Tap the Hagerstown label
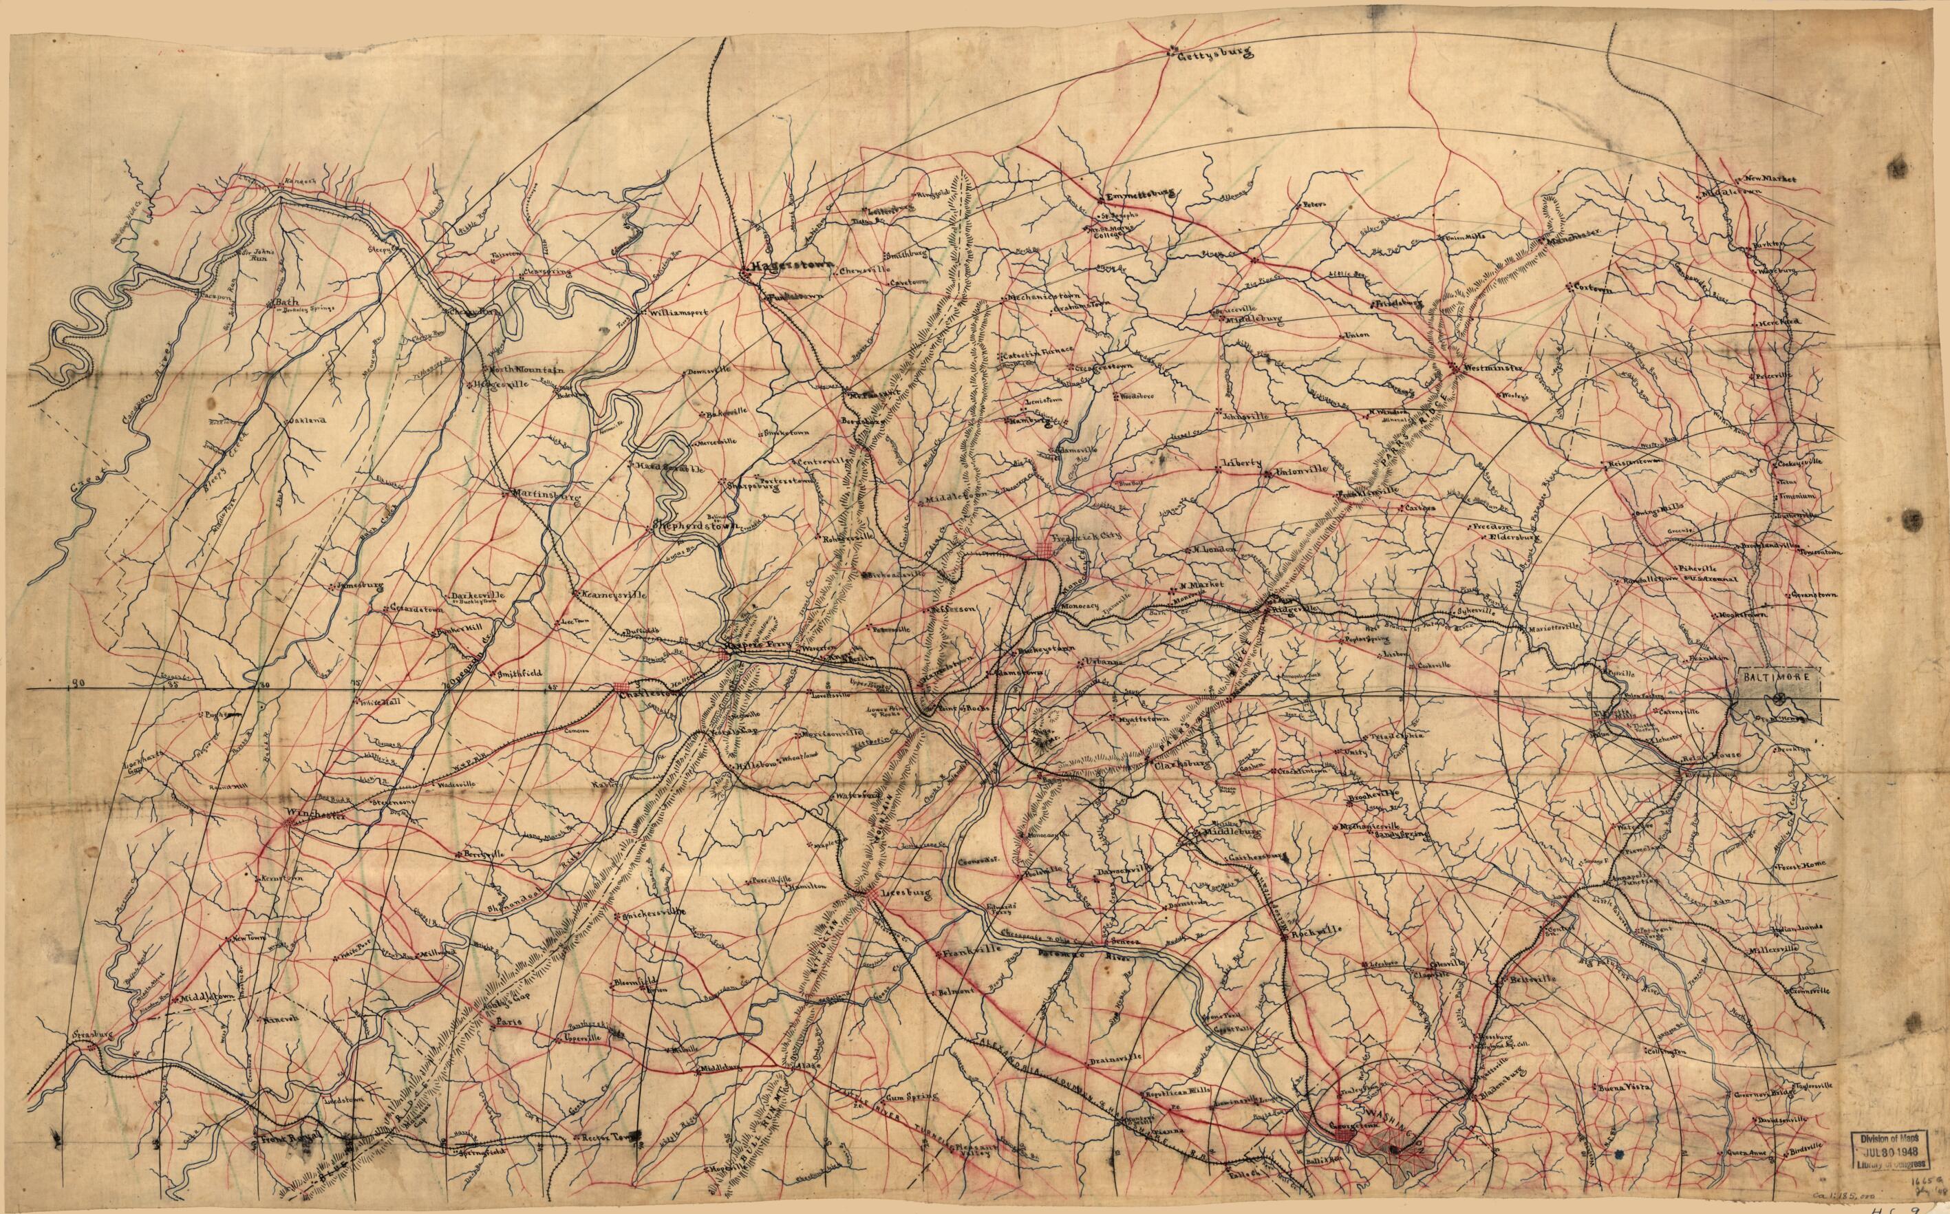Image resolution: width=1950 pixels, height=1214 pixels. click(x=791, y=270)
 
